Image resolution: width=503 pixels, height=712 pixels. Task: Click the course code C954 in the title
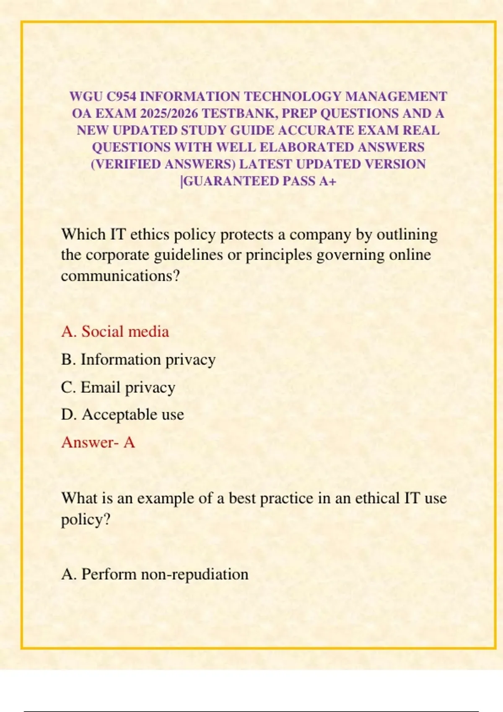click(121, 97)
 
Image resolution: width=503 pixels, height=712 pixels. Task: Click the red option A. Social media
click(115, 332)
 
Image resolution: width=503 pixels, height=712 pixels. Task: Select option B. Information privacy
click(138, 360)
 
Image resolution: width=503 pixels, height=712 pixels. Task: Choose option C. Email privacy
click(118, 387)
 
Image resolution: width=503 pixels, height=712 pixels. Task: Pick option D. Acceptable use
click(122, 415)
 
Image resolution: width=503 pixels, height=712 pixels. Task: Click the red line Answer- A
click(98, 442)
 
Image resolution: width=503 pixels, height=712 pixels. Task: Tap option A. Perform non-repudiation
click(155, 574)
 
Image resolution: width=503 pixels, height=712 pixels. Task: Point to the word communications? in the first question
click(120, 276)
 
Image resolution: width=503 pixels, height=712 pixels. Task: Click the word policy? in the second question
click(86, 520)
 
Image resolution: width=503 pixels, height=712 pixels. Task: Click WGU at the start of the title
click(86, 97)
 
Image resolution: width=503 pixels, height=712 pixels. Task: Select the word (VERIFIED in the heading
click(126, 164)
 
